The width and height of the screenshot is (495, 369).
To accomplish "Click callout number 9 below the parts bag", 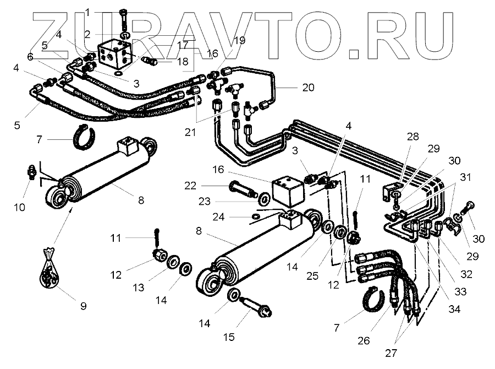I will (83, 306).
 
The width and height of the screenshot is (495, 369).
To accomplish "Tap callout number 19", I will (239, 40).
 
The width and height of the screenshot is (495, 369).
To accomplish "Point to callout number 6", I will (29, 56).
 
